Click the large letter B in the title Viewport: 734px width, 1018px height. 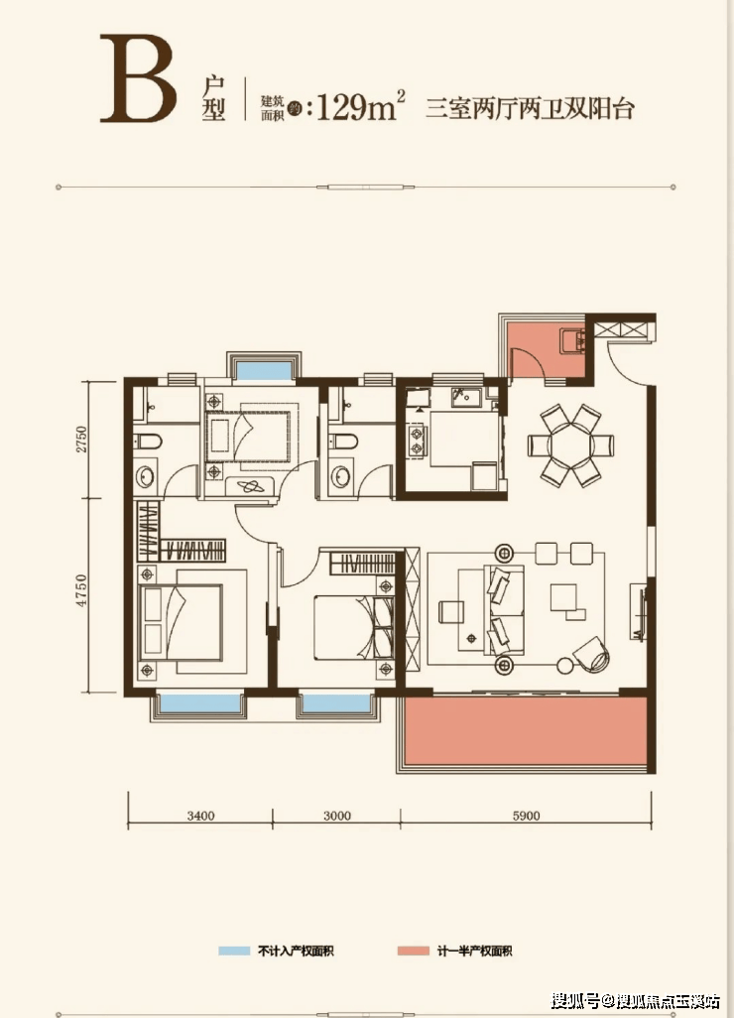click(138, 78)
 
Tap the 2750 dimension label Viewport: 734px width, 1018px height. click(81, 440)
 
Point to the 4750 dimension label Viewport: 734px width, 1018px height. click(81, 590)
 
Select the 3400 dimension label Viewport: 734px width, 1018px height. click(200, 817)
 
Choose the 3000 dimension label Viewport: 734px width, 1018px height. click(337, 817)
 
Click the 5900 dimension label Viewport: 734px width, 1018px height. click(526, 817)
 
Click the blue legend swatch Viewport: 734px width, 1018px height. click(234, 952)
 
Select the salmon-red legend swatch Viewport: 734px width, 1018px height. click(414, 952)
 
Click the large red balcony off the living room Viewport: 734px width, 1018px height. click(526, 730)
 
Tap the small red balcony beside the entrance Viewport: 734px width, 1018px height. click(546, 350)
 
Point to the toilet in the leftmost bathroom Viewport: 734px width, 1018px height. click(149, 443)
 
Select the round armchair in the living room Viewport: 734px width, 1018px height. click(592, 655)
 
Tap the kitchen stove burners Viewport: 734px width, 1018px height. click(414, 441)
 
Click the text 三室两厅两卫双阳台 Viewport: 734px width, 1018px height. click(530, 108)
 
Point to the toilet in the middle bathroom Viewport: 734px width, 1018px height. click(343, 443)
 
